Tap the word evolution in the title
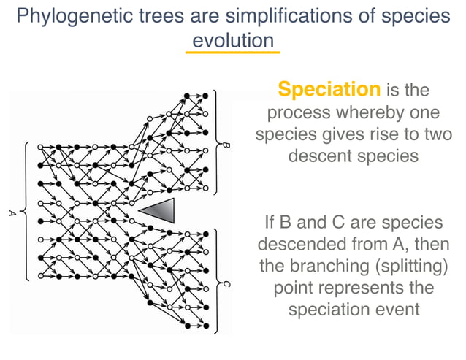[232, 40]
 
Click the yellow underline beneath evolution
[232, 53]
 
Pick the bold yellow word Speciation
[329, 90]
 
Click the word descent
[323, 156]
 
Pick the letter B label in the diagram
[226, 146]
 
